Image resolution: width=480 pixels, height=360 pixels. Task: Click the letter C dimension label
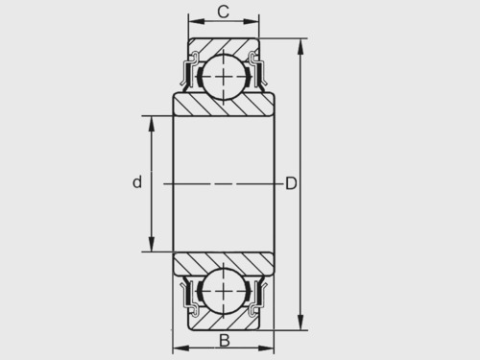(x=224, y=12)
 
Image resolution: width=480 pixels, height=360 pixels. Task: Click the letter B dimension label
(x=225, y=341)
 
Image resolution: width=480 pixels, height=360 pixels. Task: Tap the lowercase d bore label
(x=137, y=181)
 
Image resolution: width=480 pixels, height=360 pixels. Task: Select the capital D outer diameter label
(x=291, y=183)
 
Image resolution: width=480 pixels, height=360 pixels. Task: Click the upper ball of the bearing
(x=224, y=77)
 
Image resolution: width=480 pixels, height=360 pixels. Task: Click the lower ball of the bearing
(x=224, y=291)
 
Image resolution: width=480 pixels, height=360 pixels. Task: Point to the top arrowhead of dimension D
(x=300, y=47)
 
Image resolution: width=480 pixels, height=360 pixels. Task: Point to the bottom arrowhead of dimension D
(x=300, y=322)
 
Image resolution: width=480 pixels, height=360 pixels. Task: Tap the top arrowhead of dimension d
(x=152, y=124)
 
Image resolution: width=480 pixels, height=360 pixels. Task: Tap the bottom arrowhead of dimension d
(x=152, y=244)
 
